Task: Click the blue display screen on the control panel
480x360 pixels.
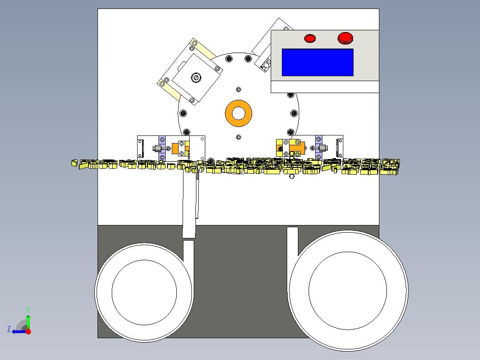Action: pyautogui.click(x=317, y=62)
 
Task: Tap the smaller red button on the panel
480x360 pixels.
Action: pyautogui.click(x=310, y=38)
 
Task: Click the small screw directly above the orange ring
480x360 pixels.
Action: pyautogui.click(x=239, y=90)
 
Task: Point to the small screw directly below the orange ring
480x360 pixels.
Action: pyautogui.click(x=239, y=137)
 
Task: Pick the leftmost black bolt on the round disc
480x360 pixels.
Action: pyautogui.click(x=183, y=113)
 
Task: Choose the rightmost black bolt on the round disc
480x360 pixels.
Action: pyautogui.click(x=294, y=113)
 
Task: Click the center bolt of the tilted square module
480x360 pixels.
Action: pyautogui.click(x=196, y=78)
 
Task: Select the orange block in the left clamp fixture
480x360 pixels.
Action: pyautogui.click(x=175, y=148)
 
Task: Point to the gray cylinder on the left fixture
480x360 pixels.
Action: pyautogui.click(x=157, y=149)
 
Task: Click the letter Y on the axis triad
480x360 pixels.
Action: pyautogui.click(x=28, y=310)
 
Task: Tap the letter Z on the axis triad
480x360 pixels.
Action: pyautogui.click(x=9, y=329)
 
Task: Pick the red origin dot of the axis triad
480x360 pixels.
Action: pyautogui.click(x=28, y=331)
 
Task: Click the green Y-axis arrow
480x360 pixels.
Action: pyautogui.click(x=28, y=322)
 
